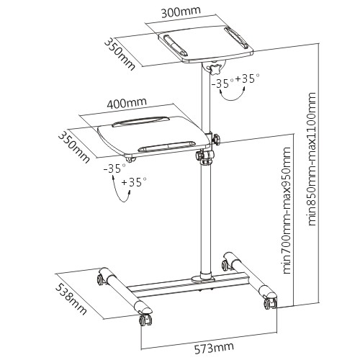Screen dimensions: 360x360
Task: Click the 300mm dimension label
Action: tap(181, 12)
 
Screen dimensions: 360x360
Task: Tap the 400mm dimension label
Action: tap(127, 103)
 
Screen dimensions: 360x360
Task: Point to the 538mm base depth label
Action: tap(71, 300)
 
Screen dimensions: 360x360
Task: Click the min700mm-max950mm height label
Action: tap(287, 211)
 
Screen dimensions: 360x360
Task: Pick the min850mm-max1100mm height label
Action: tap(312, 158)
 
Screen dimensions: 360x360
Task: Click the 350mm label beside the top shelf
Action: tap(120, 55)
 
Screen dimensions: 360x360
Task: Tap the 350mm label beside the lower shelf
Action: tap(73, 148)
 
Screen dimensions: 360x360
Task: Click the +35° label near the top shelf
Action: tap(247, 78)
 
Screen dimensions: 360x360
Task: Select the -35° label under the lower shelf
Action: tap(114, 168)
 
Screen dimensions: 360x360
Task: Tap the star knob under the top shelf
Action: tap(215, 68)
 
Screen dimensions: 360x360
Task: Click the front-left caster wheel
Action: tap(145, 320)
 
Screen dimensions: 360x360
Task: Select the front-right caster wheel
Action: tap(270, 304)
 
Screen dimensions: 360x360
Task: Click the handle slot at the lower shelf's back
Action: tap(140, 121)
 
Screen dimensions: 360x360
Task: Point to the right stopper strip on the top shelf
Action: tap(235, 37)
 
